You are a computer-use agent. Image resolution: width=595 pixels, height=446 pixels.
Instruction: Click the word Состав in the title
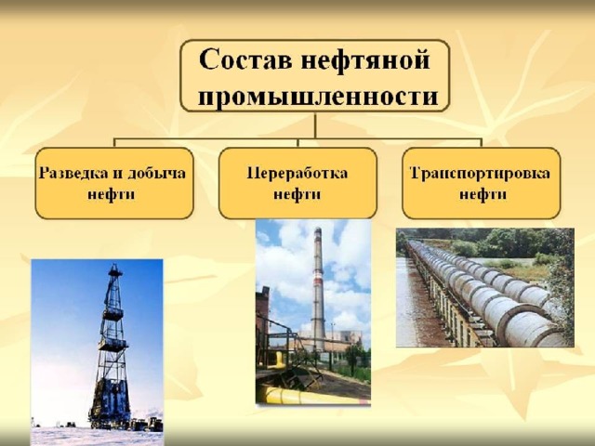[245, 59]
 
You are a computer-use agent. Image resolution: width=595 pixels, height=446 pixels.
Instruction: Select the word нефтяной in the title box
[365, 60]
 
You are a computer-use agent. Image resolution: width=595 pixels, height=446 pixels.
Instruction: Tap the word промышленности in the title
[318, 96]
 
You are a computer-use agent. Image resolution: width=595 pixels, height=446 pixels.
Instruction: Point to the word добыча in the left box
[157, 174]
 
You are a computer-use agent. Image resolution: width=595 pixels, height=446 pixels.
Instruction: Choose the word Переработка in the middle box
[297, 173]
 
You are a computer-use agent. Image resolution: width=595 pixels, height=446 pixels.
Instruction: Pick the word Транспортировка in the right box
[480, 173]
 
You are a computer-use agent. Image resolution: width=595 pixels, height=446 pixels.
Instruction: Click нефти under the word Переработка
[297, 194]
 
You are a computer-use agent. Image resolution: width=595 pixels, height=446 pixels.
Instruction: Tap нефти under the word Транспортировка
[483, 194]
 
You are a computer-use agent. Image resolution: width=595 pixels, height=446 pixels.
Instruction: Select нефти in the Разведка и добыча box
[112, 194]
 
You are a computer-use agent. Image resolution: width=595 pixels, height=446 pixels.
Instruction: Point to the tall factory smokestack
[318, 288]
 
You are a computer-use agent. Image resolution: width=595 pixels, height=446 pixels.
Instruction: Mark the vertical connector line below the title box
[315, 125]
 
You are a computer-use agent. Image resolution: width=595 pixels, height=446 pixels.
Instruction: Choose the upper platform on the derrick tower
[113, 314]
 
